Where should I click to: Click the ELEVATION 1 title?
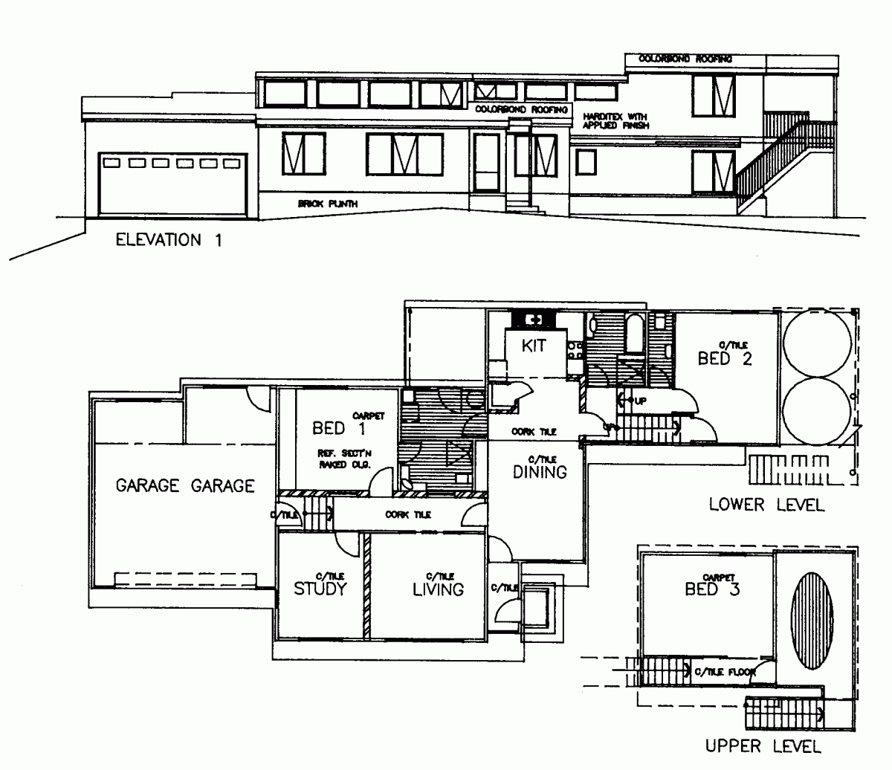(x=167, y=240)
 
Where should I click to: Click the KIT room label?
(x=534, y=346)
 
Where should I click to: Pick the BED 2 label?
(x=725, y=359)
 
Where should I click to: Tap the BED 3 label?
(x=711, y=589)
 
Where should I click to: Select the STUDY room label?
(x=320, y=589)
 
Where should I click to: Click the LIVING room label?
(x=438, y=589)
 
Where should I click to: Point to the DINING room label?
(x=540, y=471)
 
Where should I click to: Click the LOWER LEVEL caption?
(x=766, y=505)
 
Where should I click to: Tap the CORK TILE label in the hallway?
(x=407, y=514)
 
